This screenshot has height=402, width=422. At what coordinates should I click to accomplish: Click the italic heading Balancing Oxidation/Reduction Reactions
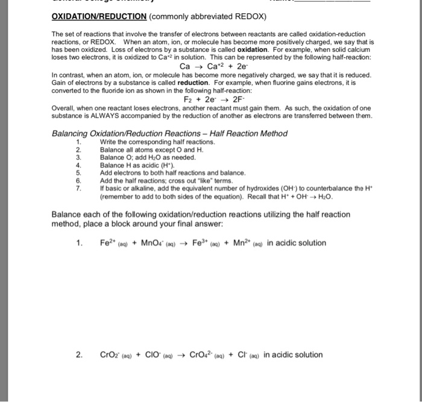tap(169, 133)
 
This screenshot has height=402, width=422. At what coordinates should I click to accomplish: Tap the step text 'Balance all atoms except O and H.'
tap(148, 149)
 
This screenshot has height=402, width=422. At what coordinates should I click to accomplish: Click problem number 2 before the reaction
tap(80, 354)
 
